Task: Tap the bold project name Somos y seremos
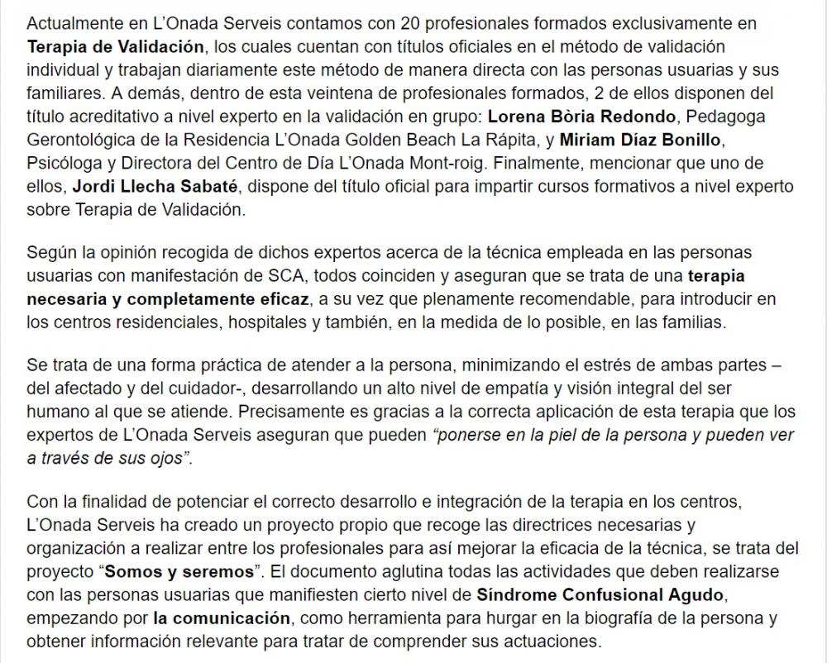179,572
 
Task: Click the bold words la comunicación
222,617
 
